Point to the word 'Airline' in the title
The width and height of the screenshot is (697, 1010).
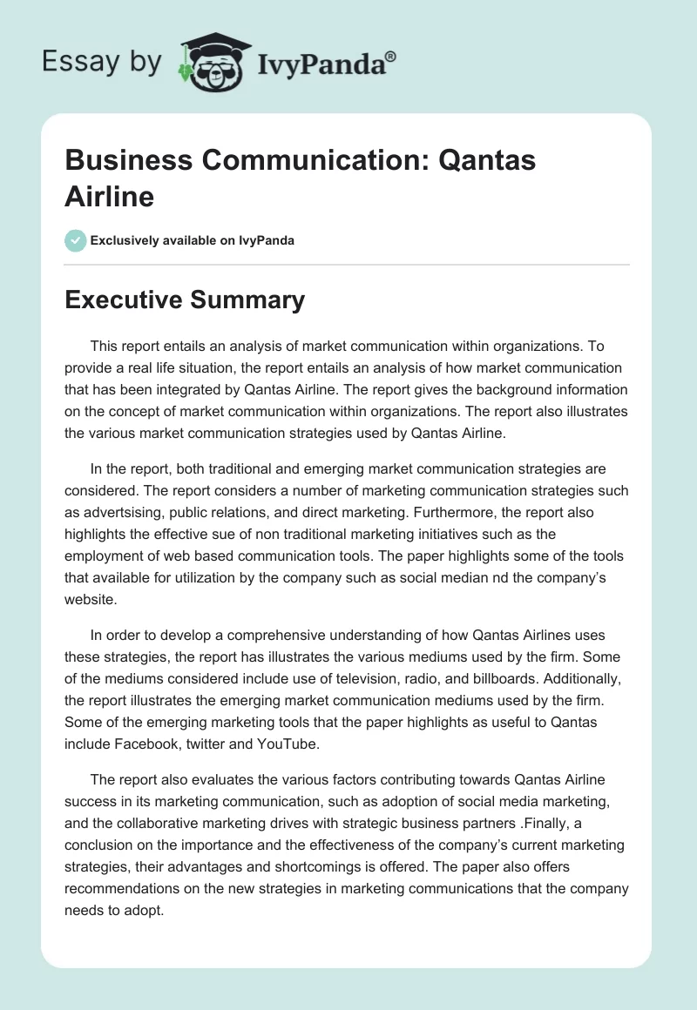pyautogui.click(x=109, y=196)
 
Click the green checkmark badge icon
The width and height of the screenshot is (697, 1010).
pyautogui.click(x=76, y=240)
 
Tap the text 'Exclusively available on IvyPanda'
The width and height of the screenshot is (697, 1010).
pyautogui.click(x=193, y=240)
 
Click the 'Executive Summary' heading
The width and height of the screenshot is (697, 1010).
pyautogui.click(x=185, y=300)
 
